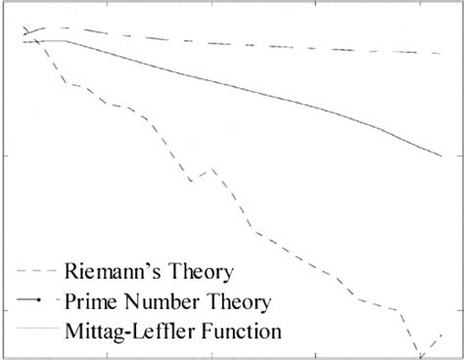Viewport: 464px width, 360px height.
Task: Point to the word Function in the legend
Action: [238, 331]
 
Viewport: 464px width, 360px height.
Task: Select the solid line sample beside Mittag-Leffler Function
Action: [37, 332]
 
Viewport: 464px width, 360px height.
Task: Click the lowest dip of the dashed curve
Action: [419, 357]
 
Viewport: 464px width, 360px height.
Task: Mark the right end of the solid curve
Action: [441, 155]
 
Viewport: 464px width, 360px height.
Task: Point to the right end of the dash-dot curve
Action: [441, 53]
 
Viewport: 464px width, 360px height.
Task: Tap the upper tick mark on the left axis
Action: [8, 155]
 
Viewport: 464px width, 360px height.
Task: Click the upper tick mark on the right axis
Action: [457, 155]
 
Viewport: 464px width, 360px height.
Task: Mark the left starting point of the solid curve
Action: [25, 41]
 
